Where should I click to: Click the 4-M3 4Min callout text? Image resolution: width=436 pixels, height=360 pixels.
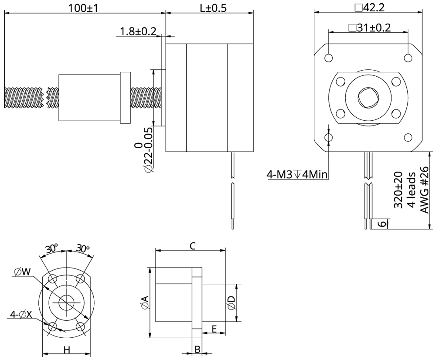[297, 175]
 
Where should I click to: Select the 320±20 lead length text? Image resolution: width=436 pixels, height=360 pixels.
[398, 190]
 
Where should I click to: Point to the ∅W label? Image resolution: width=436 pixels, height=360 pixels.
[22, 272]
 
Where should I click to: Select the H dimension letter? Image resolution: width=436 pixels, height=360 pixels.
[67, 350]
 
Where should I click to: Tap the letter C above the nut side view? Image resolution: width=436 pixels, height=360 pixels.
[192, 246]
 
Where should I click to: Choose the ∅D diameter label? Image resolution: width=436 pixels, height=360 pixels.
[231, 302]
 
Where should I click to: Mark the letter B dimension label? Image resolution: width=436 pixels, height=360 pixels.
[197, 350]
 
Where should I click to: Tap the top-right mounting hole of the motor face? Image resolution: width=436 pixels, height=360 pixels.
[408, 58]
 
